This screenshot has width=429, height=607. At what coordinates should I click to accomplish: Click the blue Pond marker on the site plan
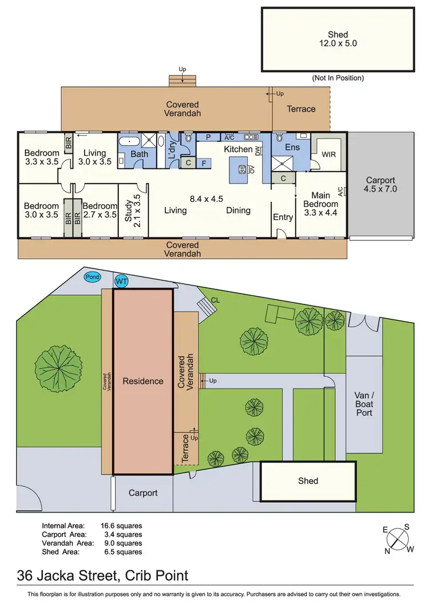point(92,277)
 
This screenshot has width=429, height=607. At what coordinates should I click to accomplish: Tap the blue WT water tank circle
point(121,281)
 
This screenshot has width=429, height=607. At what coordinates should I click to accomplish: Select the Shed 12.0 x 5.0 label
point(337,39)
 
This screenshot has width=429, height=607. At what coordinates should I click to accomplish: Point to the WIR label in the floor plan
point(329,154)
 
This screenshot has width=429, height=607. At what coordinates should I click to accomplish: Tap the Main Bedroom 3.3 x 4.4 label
point(320,204)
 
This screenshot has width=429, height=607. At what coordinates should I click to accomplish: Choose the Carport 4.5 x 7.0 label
point(380,184)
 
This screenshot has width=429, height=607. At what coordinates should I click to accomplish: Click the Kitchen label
point(238,149)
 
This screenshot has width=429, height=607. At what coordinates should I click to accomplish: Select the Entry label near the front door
point(283,217)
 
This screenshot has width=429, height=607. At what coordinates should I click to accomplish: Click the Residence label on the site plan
point(142,381)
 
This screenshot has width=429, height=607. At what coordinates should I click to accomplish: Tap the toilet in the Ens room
point(279,138)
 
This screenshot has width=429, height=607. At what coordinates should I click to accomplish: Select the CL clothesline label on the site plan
point(215,299)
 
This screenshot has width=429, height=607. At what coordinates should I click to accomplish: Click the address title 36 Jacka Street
point(102,576)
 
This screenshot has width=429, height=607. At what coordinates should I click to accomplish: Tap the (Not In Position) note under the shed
point(337,78)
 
